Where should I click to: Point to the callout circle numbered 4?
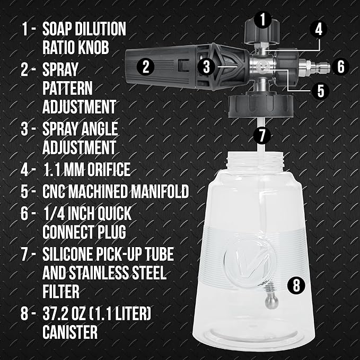click(318, 29)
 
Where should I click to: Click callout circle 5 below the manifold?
click(320, 90)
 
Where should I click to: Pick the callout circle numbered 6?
click(341, 67)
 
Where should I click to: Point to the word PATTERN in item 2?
click(67, 87)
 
